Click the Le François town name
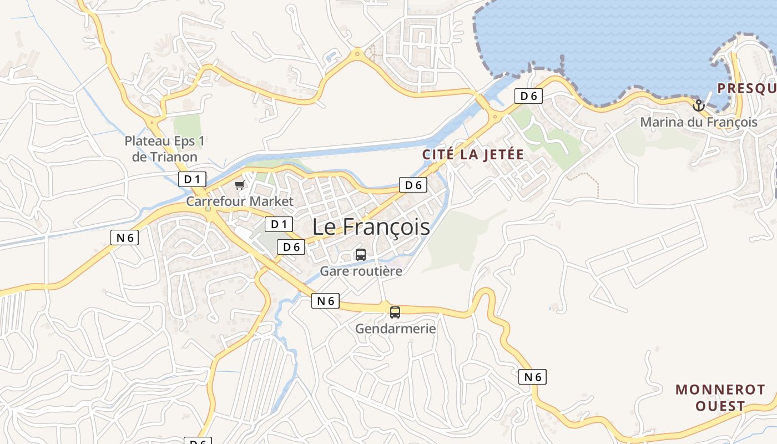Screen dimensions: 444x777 point(371,226)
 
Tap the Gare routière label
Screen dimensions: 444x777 point(361,271)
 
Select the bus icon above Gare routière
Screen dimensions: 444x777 point(361,255)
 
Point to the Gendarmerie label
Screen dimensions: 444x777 point(395,329)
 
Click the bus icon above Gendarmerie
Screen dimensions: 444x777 point(395,312)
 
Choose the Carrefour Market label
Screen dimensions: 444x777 point(239,201)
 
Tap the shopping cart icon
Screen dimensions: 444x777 point(239,185)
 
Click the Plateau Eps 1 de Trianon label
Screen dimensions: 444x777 point(165,149)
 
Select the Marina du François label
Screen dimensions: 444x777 point(699,122)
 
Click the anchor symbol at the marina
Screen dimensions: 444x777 point(698,105)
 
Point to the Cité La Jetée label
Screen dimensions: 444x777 point(473,154)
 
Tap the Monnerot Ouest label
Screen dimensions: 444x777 point(720,397)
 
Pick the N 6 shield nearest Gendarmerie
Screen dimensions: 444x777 point(325,301)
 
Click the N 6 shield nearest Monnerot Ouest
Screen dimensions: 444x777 point(532,377)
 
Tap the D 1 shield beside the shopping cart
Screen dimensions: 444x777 point(192,179)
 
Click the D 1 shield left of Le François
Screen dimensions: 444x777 point(279,224)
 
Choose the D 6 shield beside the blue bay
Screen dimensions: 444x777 point(528,96)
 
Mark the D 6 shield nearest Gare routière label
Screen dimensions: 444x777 point(291,247)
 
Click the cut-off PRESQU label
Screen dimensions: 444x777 point(746,88)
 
